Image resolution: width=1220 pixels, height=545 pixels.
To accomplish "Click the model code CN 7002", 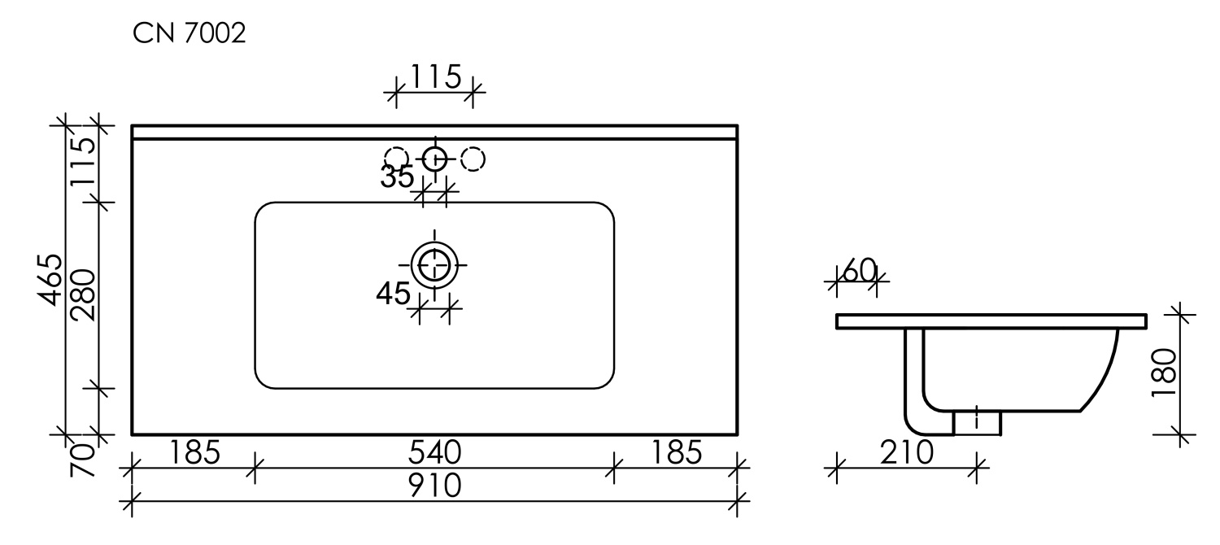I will (x=189, y=35).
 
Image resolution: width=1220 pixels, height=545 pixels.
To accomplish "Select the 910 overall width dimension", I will (x=434, y=486).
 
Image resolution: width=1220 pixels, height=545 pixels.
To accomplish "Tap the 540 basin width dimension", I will (x=434, y=452).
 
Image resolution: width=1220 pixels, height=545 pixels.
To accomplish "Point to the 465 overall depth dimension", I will (x=51, y=280).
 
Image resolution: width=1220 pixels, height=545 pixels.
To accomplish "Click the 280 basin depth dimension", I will (x=85, y=294).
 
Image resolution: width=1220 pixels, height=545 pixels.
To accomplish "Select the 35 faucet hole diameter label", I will (x=398, y=177).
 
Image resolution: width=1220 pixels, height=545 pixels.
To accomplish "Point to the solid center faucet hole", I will (x=434, y=158).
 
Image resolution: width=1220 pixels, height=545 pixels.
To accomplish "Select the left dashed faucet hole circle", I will (x=396, y=158).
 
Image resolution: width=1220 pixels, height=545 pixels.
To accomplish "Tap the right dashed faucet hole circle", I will (x=473, y=158).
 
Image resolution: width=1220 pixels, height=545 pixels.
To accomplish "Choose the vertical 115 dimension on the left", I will (x=85, y=162).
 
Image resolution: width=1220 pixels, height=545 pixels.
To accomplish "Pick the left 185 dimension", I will (x=193, y=452).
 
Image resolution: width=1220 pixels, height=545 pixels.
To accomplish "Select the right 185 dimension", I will (x=675, y=452).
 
